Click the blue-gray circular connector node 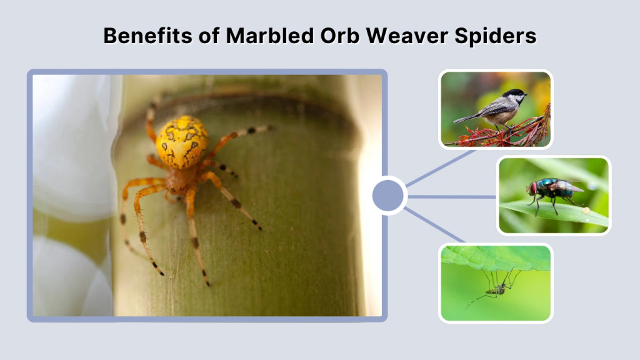coord(388,196)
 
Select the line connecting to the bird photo coord(441,167)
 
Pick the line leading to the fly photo coord(453,196)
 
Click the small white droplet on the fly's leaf coord(586,211)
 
